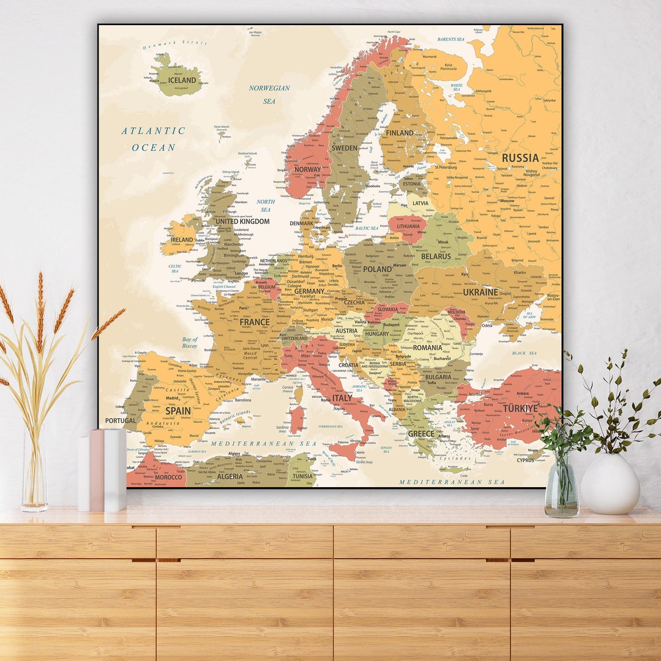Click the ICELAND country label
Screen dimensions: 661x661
point(182,80)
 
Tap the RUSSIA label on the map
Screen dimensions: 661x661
point(520,158)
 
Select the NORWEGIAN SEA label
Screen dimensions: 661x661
point(269,94)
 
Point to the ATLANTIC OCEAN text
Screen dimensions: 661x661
point(153,139)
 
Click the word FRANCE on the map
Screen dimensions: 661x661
point(255,322)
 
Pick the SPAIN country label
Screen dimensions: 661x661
point(177,411)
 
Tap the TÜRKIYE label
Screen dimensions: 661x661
point(521,408)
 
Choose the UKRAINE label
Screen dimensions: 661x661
point(480,293)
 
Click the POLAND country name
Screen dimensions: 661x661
point(378,269)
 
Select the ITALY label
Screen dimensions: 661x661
point(342,398)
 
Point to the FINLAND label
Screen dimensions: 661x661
point(399,133)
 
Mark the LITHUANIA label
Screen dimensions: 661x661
point(408,226)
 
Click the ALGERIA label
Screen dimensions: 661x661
point(230,476)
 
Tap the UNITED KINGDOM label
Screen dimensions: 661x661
point(242,222)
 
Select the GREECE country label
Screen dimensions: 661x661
point(421,434)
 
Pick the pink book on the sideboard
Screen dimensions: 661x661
point(97,470)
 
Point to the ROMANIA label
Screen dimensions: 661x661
point(427,348)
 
